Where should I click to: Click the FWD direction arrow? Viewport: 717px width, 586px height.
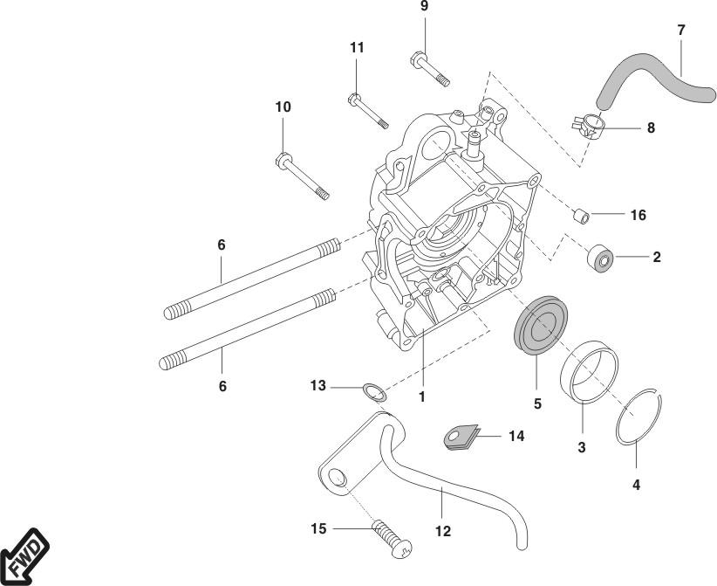point(24,555)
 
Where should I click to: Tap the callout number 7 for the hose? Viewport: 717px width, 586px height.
point(680,31)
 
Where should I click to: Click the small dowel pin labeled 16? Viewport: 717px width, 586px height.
point(580,213)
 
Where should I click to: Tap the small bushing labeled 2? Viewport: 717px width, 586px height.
point(601,259)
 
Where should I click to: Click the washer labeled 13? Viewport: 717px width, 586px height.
point(372,390)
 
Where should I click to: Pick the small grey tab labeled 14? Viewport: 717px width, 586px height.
point(460,435)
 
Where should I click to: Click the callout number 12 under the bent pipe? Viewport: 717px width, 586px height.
point(443,530)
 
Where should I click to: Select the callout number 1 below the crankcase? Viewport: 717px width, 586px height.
point(421,396)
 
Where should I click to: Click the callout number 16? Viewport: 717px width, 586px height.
point(638,215)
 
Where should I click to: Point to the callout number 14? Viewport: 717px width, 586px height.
point(516,434)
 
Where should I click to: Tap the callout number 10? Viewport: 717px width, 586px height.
point(283,107)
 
